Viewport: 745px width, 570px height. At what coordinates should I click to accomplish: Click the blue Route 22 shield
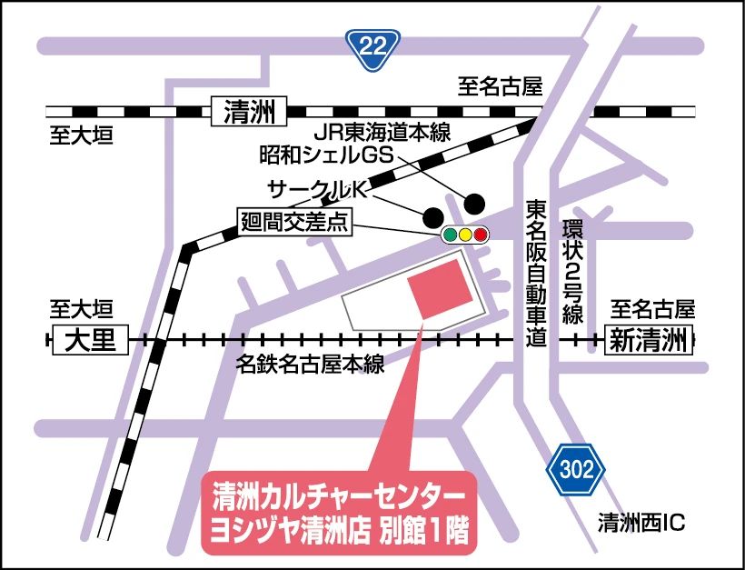point(372,45)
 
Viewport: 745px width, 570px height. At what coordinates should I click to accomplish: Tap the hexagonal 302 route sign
point(575,469)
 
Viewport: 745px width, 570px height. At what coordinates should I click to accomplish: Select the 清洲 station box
point(247,113)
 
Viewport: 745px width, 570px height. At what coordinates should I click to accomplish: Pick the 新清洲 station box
point(646,341)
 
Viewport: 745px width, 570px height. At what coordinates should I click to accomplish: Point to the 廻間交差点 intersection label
point(294,223)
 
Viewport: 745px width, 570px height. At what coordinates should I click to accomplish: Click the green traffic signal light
point(450,235)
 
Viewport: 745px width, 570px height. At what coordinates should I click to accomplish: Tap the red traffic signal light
point(481,235)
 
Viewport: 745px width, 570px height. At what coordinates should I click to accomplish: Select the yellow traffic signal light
point(465,235)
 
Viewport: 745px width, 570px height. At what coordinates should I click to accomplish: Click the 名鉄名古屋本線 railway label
point(309,365)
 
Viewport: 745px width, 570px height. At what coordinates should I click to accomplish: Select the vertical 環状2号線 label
point(571,271)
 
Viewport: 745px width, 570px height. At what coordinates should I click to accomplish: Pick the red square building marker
point(441,287)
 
